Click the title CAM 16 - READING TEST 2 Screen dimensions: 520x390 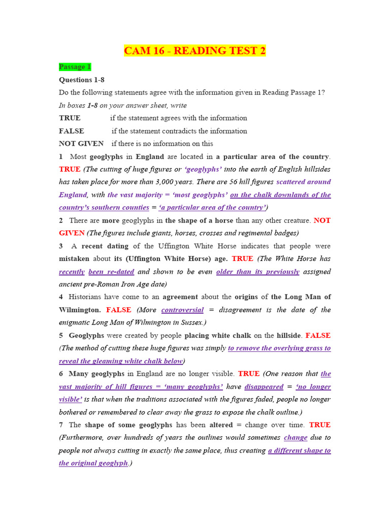click(x=195, y=51)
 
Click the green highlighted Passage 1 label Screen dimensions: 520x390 click(x=75, y=67)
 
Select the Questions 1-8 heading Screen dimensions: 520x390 click(x=82, y=80)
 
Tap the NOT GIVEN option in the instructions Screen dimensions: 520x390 click(x=81, y=144)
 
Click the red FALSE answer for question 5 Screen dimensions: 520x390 click(x=318, y=335)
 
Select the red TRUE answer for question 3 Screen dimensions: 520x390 click(x=242, y=258)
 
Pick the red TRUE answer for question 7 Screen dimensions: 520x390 click(x=320, y=425)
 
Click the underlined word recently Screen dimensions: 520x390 click(x=71, y=272)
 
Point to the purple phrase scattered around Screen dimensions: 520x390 click(x=304, y=182)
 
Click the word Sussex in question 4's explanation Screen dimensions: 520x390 click(x=188, y=322)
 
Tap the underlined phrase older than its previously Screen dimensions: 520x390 click(x=257, y=272)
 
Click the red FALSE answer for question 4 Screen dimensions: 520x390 click(x=119, y=310)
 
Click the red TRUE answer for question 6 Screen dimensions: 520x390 click(x=249, y=373)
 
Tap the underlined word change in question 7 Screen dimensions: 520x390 click(x=296, y=437)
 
